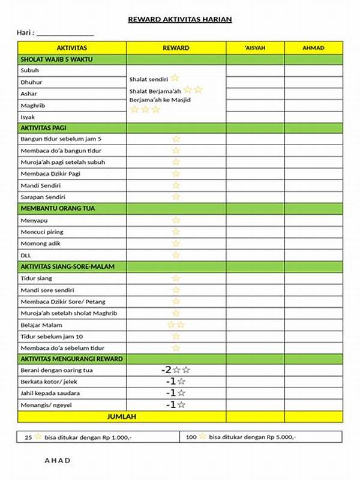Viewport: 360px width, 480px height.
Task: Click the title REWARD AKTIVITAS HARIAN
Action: pos(180,20)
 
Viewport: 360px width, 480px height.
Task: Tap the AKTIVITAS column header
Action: pos(72,47)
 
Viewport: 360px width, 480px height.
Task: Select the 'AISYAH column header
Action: pos(255,47)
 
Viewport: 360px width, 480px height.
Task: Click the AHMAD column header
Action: pos(313,47)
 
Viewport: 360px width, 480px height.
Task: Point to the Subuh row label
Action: pos(29,71)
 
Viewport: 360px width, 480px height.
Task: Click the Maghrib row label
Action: pos(33,106)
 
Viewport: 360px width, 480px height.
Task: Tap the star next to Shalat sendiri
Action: pos(175,78)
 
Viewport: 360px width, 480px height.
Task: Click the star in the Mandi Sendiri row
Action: pos(176,185)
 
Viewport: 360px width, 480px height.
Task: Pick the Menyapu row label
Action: pos(34,220)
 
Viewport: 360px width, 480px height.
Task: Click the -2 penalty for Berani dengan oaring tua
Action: pos(166,370)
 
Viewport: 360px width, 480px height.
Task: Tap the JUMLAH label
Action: pos(122,416)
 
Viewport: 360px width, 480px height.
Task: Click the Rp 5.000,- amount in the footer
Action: pos(280,437)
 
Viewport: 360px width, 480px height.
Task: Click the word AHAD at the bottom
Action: pos(58,461)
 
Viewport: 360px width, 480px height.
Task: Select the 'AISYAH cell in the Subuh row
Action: pos(255,71)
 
